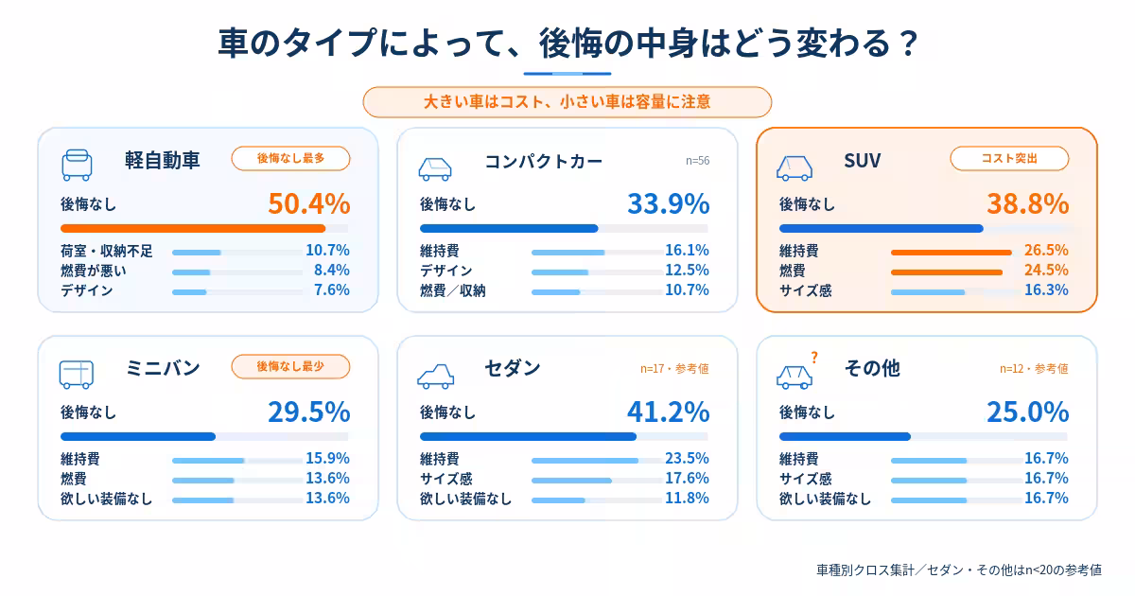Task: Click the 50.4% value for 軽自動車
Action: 309,203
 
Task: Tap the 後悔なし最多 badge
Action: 290,159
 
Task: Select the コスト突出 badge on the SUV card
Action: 1009,159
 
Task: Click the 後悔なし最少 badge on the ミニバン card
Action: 290,366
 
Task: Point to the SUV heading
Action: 863,161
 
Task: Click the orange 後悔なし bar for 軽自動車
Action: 193,229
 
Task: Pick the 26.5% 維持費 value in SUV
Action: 1046,250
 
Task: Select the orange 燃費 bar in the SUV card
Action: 947,272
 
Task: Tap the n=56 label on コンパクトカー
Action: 697,161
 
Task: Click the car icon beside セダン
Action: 436,377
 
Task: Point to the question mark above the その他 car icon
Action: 814,358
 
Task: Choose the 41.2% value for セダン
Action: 669,412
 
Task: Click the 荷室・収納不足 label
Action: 106,251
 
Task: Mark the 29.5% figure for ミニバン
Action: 309,412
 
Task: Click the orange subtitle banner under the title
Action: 567,102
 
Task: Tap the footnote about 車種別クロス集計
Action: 959,570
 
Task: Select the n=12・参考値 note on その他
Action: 1034,368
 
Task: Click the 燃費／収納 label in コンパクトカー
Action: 452,291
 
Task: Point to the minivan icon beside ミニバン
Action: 77,375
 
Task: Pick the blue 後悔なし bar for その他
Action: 845,436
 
